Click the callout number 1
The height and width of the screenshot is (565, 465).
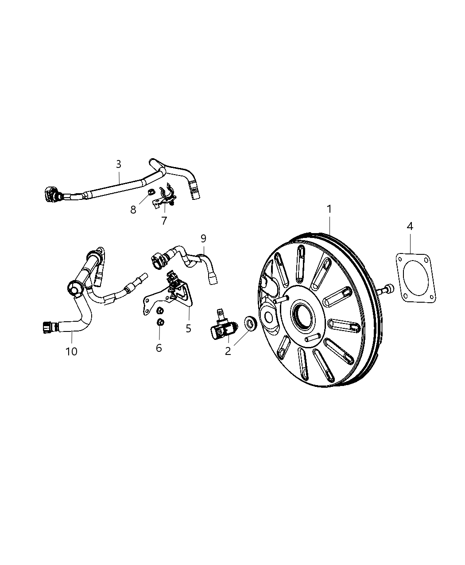coord(329,209)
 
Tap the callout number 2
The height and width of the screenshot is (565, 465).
coord(228,351)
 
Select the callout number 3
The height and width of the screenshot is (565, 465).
coord(118,164)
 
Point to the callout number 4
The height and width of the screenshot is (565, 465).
coord(410,226)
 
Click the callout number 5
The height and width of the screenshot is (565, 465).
coord(188,328)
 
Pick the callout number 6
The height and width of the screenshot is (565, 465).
coord(159,348)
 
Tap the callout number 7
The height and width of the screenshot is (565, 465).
coord(164,221)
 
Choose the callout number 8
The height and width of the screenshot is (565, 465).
coord(133,210)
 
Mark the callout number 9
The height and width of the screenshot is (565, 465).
coord(203,238)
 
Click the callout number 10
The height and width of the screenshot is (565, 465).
coord(71,351)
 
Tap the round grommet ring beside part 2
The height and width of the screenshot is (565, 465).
coord(250,323)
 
